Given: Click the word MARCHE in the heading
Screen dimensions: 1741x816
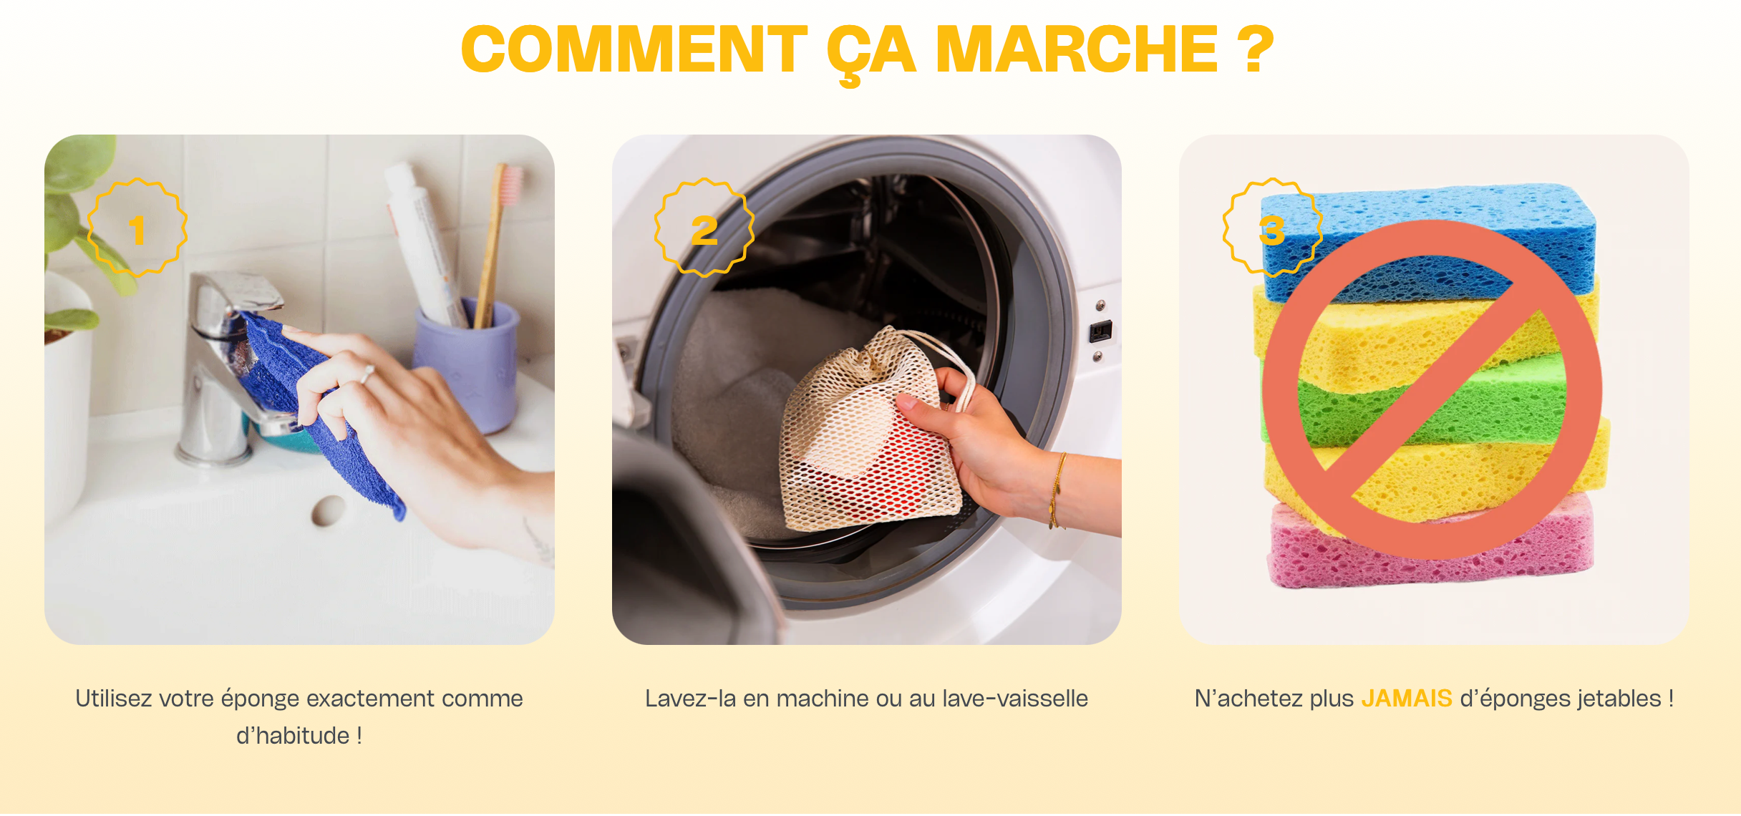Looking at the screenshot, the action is coord(1077,49).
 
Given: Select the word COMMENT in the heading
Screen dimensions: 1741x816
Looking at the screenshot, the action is coord(634,49).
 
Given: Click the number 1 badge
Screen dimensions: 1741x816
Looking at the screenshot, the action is coord(137,228).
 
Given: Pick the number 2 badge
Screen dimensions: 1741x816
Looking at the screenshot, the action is coord(704,228).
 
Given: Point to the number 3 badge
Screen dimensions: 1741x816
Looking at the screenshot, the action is coord(1272,228).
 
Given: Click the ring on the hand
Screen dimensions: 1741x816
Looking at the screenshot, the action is coord(368,374).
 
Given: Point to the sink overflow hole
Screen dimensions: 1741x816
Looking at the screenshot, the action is coord(329,510).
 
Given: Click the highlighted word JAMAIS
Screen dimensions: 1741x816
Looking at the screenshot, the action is coord(1407,698).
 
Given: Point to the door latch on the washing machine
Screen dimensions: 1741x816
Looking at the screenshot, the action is coord(1101,331).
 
